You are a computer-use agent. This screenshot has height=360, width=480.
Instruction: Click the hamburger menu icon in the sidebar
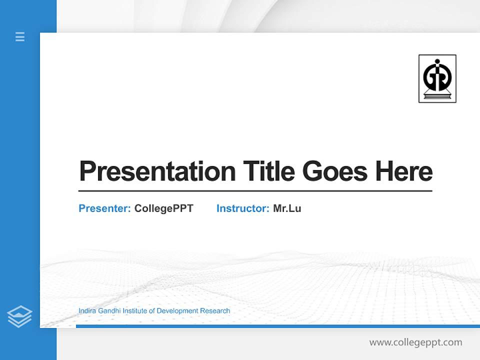[20, 36]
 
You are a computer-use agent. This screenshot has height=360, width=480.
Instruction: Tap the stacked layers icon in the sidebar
[19, 316]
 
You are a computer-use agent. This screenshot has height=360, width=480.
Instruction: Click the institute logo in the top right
[437, 78]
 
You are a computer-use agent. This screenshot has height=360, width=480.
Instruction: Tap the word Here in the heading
[404, 171]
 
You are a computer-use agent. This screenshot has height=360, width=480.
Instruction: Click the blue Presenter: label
[104, 208]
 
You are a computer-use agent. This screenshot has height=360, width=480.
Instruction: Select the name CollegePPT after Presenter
[163, 208]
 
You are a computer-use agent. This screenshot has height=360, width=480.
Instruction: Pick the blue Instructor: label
[242, 208]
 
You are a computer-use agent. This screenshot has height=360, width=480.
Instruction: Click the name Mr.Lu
[287, 208]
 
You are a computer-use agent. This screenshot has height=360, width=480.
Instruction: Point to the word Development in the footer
[177, 311]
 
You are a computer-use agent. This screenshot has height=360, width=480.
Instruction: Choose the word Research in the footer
[215, 311]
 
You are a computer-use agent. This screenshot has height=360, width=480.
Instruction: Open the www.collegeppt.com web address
[415, 342]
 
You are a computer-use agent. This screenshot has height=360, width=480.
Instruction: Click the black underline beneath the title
[255, 191]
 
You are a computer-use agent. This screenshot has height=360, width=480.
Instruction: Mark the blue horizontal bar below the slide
[277, 326]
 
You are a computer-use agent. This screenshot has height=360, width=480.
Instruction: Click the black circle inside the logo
[437, 75]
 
